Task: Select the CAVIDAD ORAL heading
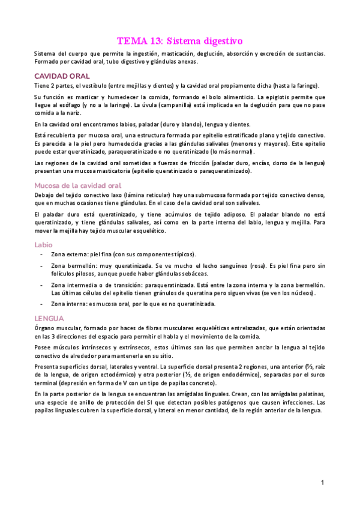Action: coord(62,76)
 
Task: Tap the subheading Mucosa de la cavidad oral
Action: coord(78,185)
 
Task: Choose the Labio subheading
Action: coord(43,244)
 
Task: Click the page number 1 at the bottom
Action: coord(322,483)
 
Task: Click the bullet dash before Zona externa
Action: coord(40,254)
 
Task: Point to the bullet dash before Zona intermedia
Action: coord(40,285)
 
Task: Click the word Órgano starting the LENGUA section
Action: coord(46,328)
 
